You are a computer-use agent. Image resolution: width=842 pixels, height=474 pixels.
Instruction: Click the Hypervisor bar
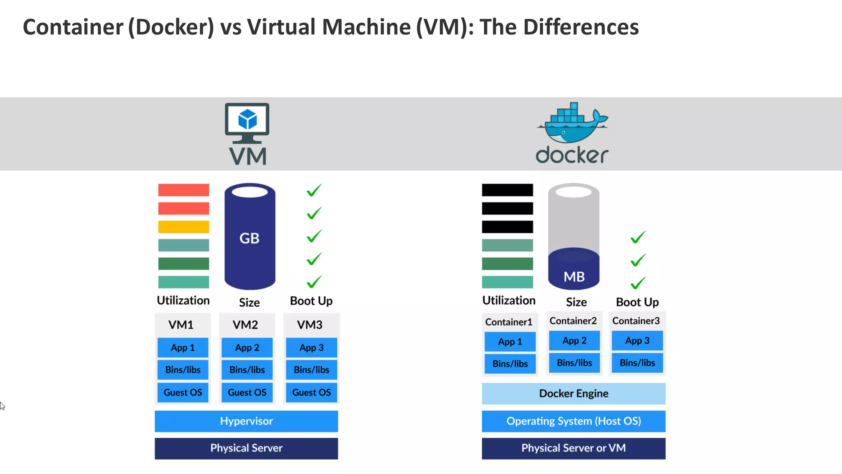click(x=246, y=421)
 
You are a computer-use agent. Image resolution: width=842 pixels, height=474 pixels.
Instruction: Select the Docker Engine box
click(x=574, y=393)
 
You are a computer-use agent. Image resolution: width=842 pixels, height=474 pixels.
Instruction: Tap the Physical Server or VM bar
click(x=574, y=448)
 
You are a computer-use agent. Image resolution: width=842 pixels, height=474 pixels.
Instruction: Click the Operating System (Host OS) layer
click(x=574, y=421)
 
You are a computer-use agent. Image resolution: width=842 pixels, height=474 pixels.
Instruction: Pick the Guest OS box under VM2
click(x=247, y=393)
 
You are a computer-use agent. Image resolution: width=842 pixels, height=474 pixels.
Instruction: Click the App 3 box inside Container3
click(x=637, y=341)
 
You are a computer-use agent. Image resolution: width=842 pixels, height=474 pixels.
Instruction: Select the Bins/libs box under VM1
click(x=183, y=370)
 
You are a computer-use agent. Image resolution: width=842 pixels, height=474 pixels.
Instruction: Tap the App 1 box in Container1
click(x=510, y=342)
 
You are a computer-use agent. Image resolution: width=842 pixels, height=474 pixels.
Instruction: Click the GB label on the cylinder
click(x=250, y=238)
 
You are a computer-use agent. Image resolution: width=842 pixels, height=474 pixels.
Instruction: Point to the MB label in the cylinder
click(x=574, y=277)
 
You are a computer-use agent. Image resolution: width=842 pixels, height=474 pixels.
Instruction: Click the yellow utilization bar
click(x=183, y=227)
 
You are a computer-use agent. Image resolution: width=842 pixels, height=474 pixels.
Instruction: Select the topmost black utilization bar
click(x=507, y=190)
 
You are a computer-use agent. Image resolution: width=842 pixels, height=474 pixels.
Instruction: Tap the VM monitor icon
click(x=247, y=123)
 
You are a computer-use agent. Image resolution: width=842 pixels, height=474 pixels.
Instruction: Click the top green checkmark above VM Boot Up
click(x=314, y=190)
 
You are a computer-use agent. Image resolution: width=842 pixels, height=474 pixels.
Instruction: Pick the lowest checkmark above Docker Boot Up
click(x=638, y=283)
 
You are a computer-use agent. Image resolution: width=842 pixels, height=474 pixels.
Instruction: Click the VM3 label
click(x=310, y=325)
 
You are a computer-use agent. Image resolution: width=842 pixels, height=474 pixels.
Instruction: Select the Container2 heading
click(x=573, y=321)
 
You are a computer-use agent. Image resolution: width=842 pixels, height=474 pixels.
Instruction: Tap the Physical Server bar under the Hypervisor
click(x=246, y=448)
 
